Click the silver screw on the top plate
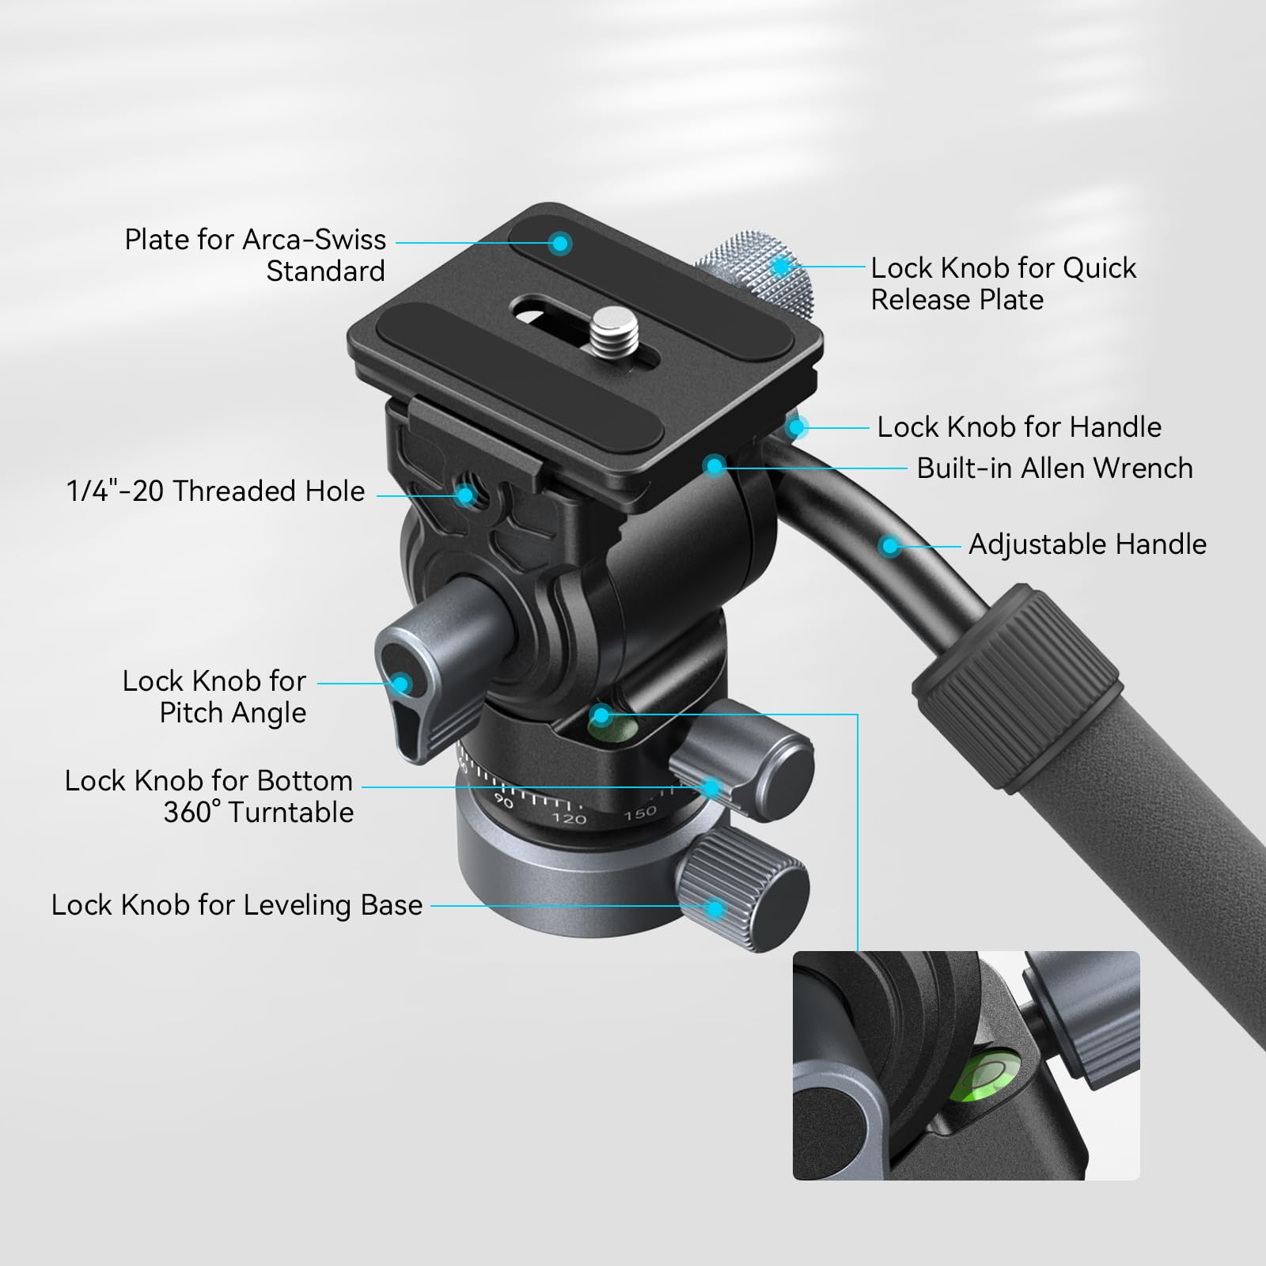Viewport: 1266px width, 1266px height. pyautogui.click(x=611, y=324)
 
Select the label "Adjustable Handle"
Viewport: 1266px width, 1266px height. pyautogui.click(x=1087, y=544)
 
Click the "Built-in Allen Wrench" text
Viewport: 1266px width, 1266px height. pyautogui.click(x=1054, y=468)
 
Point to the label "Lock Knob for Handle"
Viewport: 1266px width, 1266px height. pyautogui.click(x=1018, y=427)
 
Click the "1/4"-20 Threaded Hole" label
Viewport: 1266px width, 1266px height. pyautogui.click(x=215, y=491)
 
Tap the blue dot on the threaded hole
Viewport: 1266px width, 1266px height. pyautogui.click(x=465, y=496)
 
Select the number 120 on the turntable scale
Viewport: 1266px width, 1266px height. pyautogui.click(x=569, y=818)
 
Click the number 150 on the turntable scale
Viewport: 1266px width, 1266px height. pyautogui.click(x=639, y=812)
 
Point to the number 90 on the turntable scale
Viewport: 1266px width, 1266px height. pyautogui.click(x=503, y=801)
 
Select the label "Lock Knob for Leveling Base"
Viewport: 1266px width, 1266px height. pyautogui.click(x=237, y=905)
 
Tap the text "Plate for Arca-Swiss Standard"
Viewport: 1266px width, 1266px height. pyautogui.click(x=255, y=255)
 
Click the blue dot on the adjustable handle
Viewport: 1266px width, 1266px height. pyautogui.click(x=890, y=545)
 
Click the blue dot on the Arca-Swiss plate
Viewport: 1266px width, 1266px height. pyautogui.click(x=560, y=243)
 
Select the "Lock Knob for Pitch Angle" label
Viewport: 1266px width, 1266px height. pyautogui.click(x=214, y=697)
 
